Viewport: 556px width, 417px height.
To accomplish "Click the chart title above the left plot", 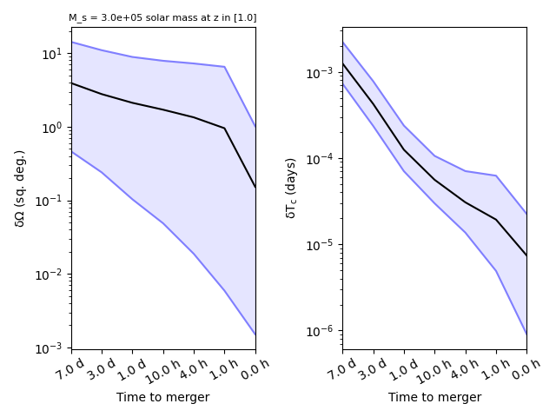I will coord(162,17).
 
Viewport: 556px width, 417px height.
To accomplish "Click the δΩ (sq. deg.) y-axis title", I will coord(20,188).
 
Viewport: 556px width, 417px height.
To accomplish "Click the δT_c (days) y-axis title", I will coord(291,188).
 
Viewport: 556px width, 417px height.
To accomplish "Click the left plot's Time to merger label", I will coord(163,397).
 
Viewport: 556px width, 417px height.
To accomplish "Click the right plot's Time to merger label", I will coord(434,397).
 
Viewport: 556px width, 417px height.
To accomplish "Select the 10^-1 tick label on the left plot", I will coord(51,201).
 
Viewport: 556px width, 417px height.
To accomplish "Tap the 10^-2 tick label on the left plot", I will coord(51,275).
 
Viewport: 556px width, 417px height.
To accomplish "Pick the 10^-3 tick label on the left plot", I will coord(51,348).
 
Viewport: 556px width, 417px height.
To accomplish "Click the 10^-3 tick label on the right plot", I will coord(322,72).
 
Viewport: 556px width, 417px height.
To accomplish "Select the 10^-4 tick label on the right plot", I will coord(322,159).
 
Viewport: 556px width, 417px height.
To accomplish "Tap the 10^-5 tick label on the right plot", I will coord(322,245).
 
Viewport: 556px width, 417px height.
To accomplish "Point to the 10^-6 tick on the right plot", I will coord(322,331).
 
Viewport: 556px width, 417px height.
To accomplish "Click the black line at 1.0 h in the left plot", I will coord(224,129).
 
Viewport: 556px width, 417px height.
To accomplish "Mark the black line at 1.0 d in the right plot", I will coord(404,149).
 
